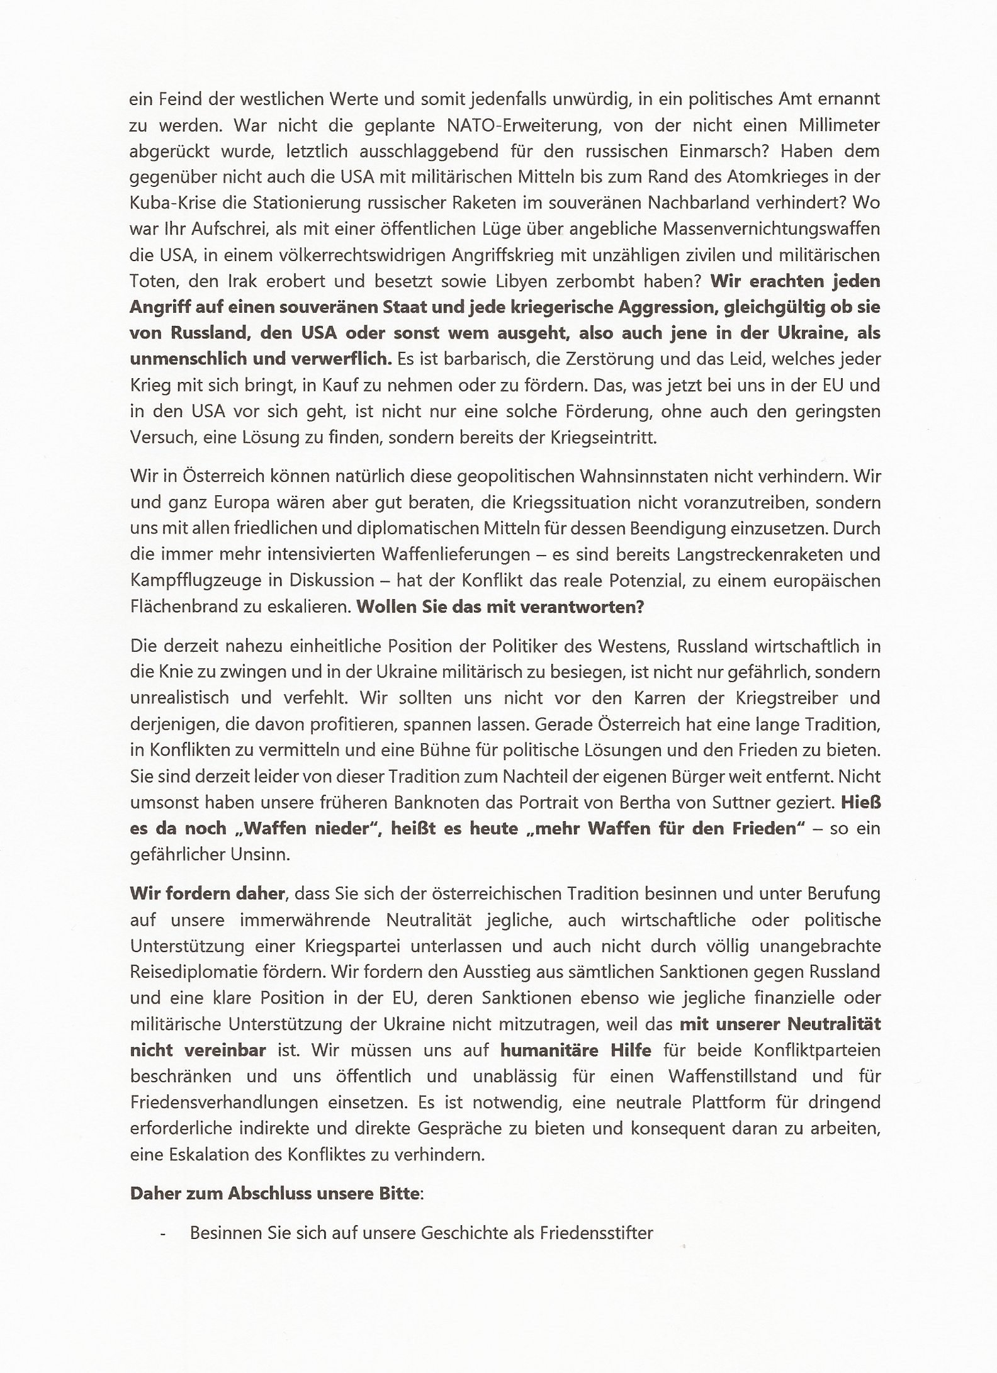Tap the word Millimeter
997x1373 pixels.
coord(839,125)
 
